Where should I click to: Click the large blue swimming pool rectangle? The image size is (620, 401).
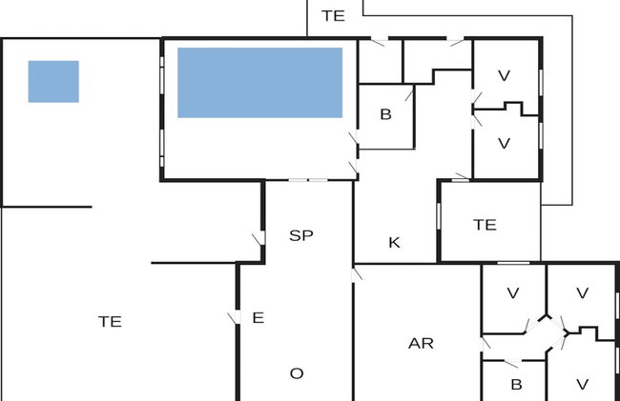[x=259, y=83]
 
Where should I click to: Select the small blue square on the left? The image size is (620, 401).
[x=53, y=82]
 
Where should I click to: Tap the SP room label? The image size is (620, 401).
[x=301, y=235]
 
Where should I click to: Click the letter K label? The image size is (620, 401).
[x=394, y=242]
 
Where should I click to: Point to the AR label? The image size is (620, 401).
[x=421, y=344]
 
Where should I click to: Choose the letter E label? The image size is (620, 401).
[x=258, y=318]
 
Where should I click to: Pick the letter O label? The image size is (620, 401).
[x=297, y=373]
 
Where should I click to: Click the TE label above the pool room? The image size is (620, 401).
[x=333, y=16]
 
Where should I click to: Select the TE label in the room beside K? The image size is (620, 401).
[x=485, y=225]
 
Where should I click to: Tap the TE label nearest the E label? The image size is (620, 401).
[x=110, y=322]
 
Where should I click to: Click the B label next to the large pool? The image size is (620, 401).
[x=385, y=114]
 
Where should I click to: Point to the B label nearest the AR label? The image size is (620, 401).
[x=516, y=385]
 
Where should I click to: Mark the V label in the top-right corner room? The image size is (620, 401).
[x=504, y=76]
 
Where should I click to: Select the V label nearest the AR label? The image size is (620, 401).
[x=512, y=293]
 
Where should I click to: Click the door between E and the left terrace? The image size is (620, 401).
[x=235, y=317]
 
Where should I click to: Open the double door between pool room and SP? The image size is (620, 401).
[x=308, y=180]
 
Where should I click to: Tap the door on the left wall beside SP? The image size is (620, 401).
[x=259, y=238]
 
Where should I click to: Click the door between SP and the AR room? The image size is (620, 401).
[x=356, y=274]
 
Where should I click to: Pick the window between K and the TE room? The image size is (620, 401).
[x=438, y=215]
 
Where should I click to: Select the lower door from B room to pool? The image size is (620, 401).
[x=354, y=167]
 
